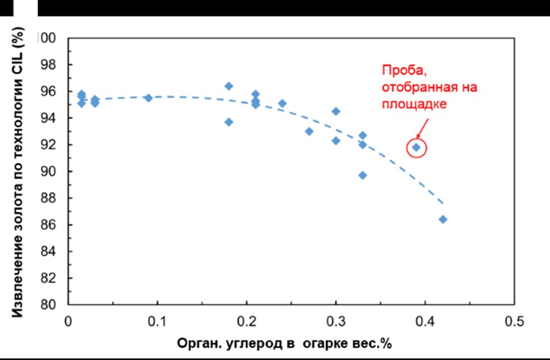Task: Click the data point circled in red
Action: (x=416, y=147)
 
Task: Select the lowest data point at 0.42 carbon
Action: (x=443, y=219)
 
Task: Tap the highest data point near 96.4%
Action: (x=228, y=86)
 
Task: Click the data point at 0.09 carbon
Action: (x=148, y=98)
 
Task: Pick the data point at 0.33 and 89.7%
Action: (x=363, y=175)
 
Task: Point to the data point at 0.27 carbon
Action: (x=309, y=131)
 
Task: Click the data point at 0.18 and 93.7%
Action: (x=228, y=122)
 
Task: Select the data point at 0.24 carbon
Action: (x=282, y=103)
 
